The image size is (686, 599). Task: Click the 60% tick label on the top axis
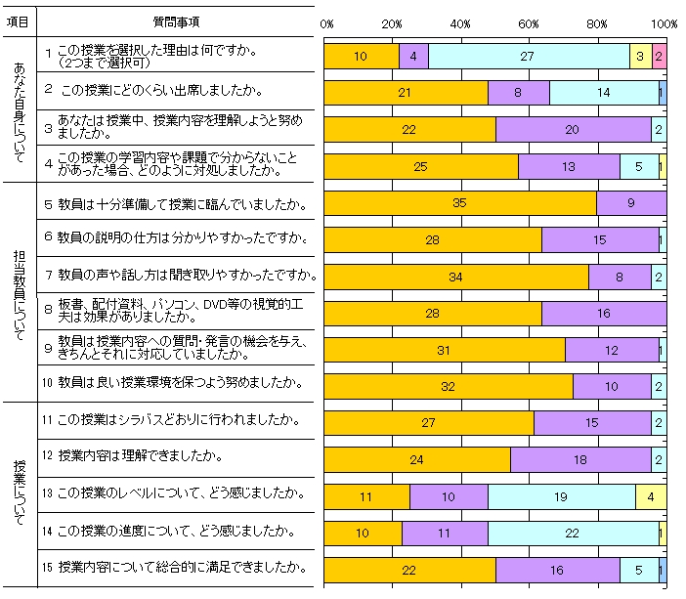tap(529, 23)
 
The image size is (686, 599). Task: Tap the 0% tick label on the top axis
tap(327, 23)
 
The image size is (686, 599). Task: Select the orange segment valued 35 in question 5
tap(459, 203)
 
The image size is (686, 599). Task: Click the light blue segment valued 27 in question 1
tap(528, 57)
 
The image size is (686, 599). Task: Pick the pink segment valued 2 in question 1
tap(659, 57)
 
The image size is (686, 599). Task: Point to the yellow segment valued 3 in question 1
tap(640, 57)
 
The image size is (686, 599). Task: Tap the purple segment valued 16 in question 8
tap(603, 314)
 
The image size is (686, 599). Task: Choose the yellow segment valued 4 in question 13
tap(651, 496)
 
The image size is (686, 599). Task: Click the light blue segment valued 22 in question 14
tap(573, 534)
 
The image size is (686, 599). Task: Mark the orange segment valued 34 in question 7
tap(455, 277)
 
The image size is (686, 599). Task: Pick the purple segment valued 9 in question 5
tap(630, 203)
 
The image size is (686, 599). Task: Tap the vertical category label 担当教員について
tap(20, 290)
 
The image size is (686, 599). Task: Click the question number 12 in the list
tap(47, 455)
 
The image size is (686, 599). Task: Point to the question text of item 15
tap(187, 567)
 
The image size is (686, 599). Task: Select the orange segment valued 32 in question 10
tap(449, 387)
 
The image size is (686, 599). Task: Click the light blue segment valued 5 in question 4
tap(639, 166)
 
